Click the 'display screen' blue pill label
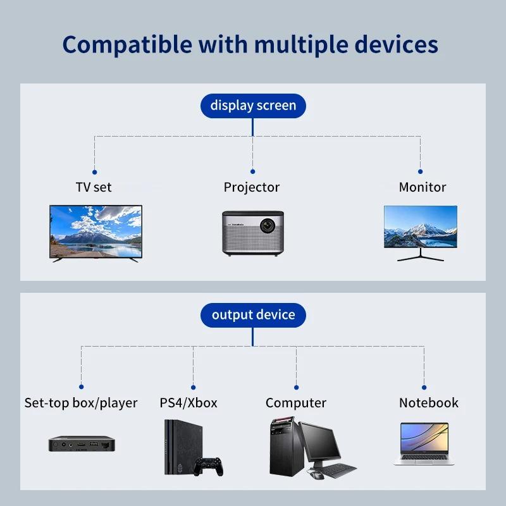pos(253,105)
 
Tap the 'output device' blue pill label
pos(253,315)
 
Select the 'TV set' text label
pos(94,187)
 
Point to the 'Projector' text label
pos(252,187)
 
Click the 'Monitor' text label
pos(423,187)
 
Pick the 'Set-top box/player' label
pos(81,403)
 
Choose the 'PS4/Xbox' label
pos(188,403)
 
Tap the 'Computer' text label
pos(296,403)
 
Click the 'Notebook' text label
pos(429,403)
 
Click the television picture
pos(96,231)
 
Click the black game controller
pos(208,466)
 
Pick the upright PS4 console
pos(178,447)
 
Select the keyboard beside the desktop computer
pos(333,471)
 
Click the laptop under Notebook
pos(424,444)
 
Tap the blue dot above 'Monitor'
pos(421,171)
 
